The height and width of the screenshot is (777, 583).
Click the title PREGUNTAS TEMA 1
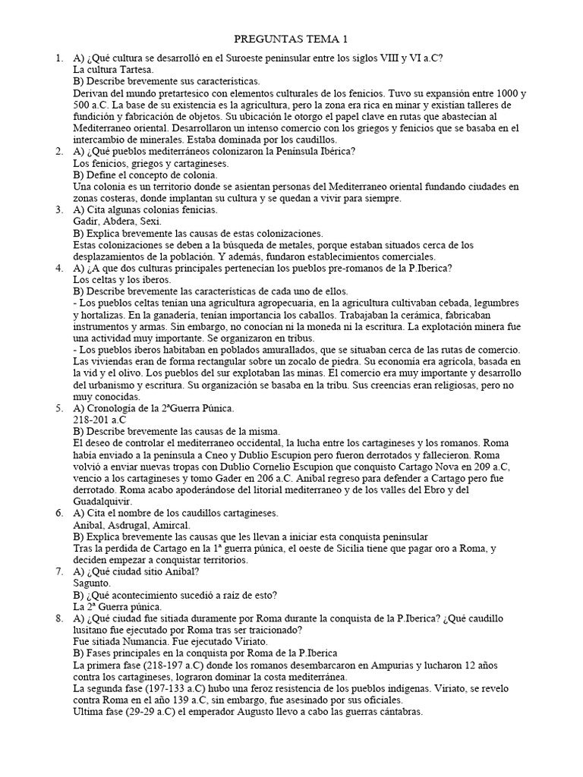291,39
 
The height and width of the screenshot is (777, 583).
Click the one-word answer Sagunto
91,583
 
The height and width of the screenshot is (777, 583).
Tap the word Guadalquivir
102,501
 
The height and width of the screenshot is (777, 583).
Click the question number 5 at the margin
59,408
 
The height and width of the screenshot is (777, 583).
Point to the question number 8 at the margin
59,618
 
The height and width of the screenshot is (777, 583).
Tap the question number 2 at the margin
59,151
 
